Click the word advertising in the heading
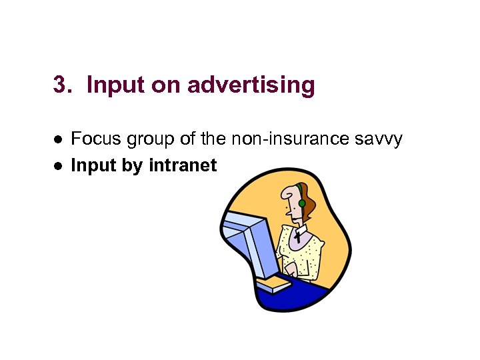click(251, 85)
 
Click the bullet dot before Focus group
click(58, 140)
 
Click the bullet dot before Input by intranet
click(58, 166)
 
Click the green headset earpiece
click(302, 203)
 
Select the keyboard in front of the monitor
click(273, 285)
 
